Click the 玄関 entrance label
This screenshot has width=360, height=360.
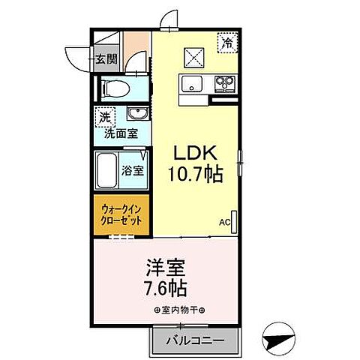tap(106, 58)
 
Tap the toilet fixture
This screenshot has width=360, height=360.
tap(115, 88)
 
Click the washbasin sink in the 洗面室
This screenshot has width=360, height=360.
tap(136, 114)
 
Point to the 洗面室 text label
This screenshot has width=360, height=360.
tap(120, 134)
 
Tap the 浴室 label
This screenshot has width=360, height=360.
tap(133, 170)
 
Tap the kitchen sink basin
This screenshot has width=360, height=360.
tap(189, 83)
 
